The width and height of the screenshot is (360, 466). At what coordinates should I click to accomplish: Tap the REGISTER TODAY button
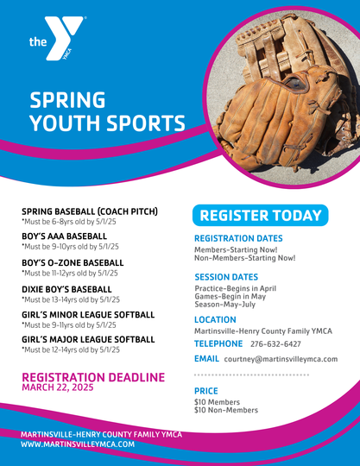point(261,215)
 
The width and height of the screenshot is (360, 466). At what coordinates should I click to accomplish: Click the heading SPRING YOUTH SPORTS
point(107,111)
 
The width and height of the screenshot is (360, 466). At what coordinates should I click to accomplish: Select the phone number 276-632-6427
point(275,344)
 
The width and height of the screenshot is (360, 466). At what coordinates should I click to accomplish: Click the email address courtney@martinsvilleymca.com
point(281,359)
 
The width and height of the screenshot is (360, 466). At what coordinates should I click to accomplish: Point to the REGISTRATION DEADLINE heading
point(93,377)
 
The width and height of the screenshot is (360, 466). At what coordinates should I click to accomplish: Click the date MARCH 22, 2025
point(58,387)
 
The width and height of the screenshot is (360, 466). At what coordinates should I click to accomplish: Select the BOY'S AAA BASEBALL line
point(64,236)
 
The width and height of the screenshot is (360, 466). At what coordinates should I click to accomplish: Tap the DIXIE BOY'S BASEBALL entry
point(66,289)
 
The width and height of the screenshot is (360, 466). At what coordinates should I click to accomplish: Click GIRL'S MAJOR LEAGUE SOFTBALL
point(88,339)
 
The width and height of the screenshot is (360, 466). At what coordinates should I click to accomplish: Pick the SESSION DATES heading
point(226,277)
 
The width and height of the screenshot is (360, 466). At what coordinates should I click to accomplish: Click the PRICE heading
point(206,391)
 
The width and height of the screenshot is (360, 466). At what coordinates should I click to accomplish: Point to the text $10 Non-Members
point(226,410)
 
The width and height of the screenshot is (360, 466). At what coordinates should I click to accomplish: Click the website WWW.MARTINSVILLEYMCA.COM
point(78,444)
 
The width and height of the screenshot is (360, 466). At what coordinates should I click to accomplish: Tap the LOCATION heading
point(215,320)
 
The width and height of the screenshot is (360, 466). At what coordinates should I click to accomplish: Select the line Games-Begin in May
point(231,296)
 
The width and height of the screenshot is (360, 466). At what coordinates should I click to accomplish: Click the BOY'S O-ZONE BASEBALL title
point(73,262)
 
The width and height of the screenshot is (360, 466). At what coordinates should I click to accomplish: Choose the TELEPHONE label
point(218,343)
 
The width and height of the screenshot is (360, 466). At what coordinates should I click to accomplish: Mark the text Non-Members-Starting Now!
point(245,258)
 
